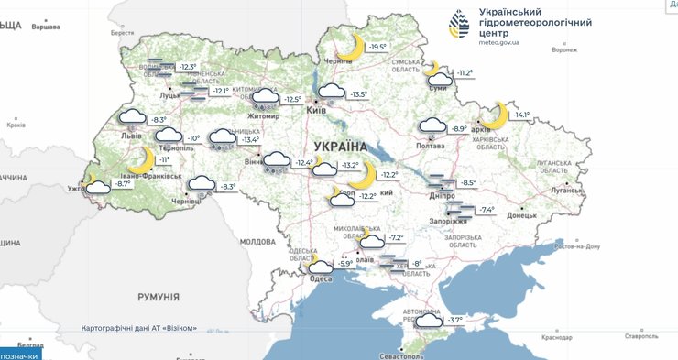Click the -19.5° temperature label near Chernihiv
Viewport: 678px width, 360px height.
(377, 47)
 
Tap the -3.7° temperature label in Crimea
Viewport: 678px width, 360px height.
(455, 320)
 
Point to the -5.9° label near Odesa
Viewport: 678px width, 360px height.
(345, 264)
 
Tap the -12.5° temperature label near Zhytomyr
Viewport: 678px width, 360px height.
(292, 99)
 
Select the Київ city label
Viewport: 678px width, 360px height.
(315, 110)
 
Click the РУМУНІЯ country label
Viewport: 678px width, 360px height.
(157, 296)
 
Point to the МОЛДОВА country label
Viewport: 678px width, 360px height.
(257, 242)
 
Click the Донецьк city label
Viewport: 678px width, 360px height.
(522, 216)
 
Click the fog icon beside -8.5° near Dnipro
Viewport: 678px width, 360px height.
(442, 182)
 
